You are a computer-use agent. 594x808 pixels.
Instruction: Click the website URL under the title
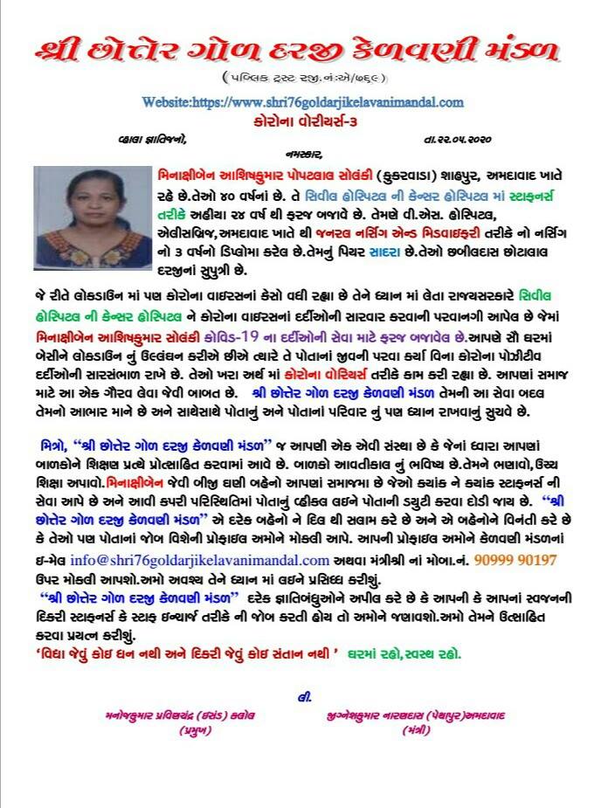click(302, 102)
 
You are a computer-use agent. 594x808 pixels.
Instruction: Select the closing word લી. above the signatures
click(304, 697)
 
